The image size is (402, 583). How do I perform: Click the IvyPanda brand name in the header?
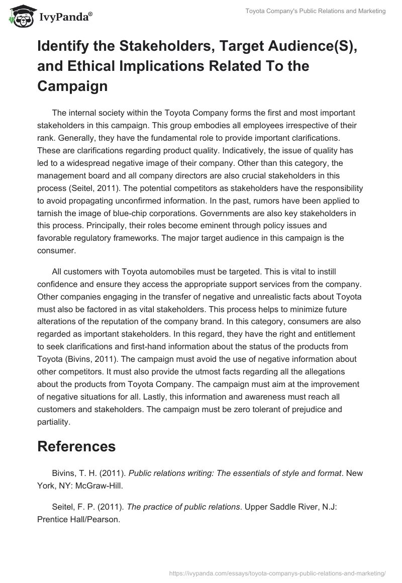[x=65, y=17]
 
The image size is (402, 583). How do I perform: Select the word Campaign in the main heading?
[x=72, y=86]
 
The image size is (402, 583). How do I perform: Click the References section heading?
[x=76, y=447]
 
